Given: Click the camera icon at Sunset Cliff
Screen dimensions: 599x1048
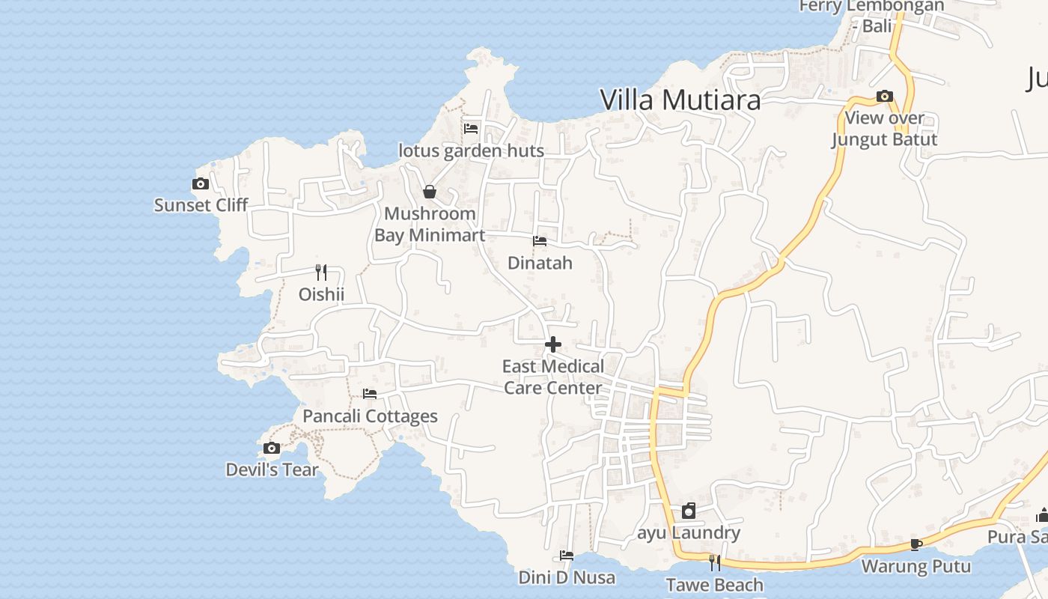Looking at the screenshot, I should pyautogui.click(x=200, y=184).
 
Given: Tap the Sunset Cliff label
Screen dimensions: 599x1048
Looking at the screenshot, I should pyautogui.click(x=201, y=205).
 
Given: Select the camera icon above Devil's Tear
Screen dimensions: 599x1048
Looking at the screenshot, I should pyautogui.click(x=272, y=449).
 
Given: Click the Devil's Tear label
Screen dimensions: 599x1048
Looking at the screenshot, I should pyautogui.click(x=272, y=470).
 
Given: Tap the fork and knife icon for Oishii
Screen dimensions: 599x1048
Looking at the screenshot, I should pyautogui.click(x=321, y=273).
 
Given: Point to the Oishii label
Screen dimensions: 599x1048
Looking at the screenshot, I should pyautogui.click(x=322, y=294).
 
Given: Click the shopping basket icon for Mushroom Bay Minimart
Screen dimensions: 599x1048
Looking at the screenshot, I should pyautogui.click(x=430, y=192).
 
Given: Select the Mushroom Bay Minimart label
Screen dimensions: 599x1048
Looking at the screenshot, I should pyautogui.click(x=430, y=225).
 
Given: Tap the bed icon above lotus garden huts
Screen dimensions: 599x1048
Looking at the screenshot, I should pyautogui.click(x=471, y=129).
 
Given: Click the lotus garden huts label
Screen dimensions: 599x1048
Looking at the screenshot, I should pyautogui.click(x=472, y=150).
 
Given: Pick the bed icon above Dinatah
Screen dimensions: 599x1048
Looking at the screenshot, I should pyautogui.click(x=540, y=241).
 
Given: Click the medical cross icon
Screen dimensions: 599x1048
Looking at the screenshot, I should pyautogui.click(x=553, y=344).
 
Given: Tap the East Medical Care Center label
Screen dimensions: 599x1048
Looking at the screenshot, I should pyautogui.click(x=553, y=377).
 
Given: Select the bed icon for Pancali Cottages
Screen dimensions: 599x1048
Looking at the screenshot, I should pyautogui.click(x=370, y=394).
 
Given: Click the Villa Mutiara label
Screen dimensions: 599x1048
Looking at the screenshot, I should pyautogui.click(x=680, y=100).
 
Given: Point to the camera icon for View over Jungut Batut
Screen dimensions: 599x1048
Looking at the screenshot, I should pyautogui.click(x=885, y=97).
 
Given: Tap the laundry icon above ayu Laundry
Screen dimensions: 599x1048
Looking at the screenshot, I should pyautogui.click(x=689, y=511).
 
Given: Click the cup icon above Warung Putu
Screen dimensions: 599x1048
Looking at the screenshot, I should pyautogui.click(x=916, y=544).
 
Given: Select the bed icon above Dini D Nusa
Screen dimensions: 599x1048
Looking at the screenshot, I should pyautogui.click(x=567, y=556).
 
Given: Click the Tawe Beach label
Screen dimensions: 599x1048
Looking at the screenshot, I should pyautogui.click(x=715, y=585).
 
